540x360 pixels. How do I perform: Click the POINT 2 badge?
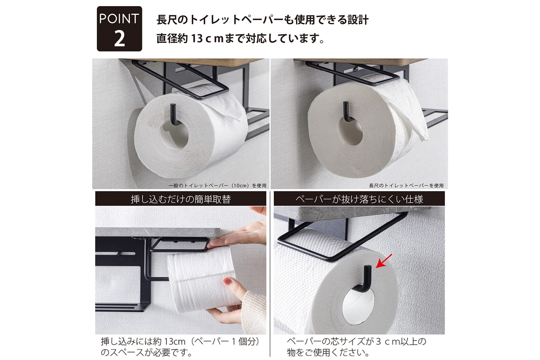tap(119, 29)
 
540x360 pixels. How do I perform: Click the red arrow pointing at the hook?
tap(384, 261)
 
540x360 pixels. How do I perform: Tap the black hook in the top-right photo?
tap(347, 111)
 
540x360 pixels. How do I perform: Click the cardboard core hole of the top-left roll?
tap(174, 135)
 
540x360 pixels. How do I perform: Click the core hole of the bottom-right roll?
tap(358, 306)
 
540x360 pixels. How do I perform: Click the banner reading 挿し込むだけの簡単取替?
tap(181, 199)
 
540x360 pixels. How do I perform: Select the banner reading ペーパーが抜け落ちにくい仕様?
tap(359, 199)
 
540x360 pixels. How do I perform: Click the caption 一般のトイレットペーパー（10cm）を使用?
tap(217, 185)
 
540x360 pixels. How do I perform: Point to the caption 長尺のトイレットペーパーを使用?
tap(406, 185)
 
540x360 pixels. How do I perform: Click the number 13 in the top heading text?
tap(197, 39)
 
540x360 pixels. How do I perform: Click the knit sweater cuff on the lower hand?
tap(253, 311)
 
